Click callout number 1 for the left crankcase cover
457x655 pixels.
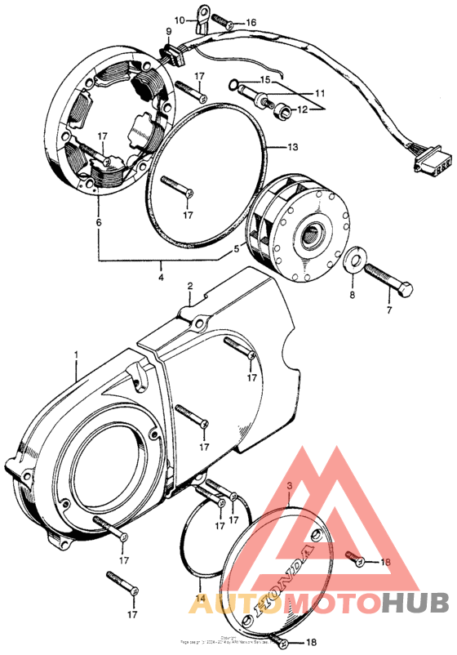point(76,356)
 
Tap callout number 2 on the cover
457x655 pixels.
point(189,287)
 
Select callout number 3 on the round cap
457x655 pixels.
point(288,486)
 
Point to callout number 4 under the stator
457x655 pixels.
point(161,278)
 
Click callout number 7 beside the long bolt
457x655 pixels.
point(389,310)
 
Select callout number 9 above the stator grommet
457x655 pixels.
point(168,32)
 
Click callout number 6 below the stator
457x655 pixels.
point(99,221)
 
